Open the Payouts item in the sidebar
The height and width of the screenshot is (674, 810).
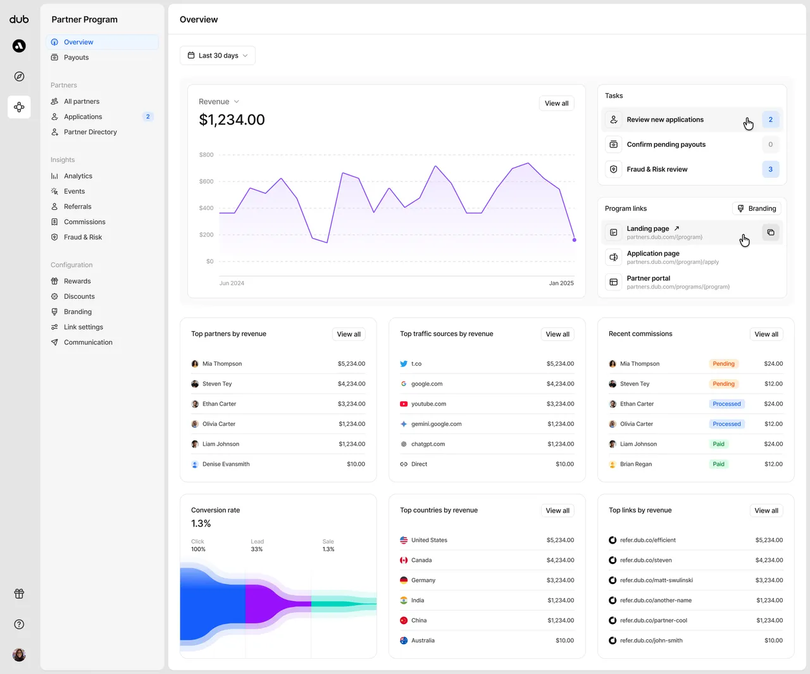click(76, 58)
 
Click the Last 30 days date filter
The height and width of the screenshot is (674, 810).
click(218, 56)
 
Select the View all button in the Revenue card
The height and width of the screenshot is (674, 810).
click(556, 103)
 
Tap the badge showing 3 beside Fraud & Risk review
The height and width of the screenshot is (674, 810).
click(770, 169)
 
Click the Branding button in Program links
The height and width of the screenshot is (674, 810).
click(756, 208)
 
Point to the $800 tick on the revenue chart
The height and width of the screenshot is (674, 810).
click(206, 155)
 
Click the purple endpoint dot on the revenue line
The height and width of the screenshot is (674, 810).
click(574, 240)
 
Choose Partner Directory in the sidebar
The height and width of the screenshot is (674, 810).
click(90, 132)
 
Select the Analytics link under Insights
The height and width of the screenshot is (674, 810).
click(78, 176)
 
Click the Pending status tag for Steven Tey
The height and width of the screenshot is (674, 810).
click(723, 384)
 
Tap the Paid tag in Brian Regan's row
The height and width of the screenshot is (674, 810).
click(718, 464)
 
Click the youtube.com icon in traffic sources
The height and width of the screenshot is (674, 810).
click(404, 404)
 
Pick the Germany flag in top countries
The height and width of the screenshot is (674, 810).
click(404, 580)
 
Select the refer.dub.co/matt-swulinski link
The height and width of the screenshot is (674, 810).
click(656, 580)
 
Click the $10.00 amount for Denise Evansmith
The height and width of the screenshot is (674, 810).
click(356, 464)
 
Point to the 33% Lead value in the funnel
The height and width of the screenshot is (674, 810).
click(256, 549)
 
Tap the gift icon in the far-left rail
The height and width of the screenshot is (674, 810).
click(19, 594)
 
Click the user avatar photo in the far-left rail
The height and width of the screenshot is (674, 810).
click(19, 655)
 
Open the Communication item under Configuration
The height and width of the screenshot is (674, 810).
click(88, 342)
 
